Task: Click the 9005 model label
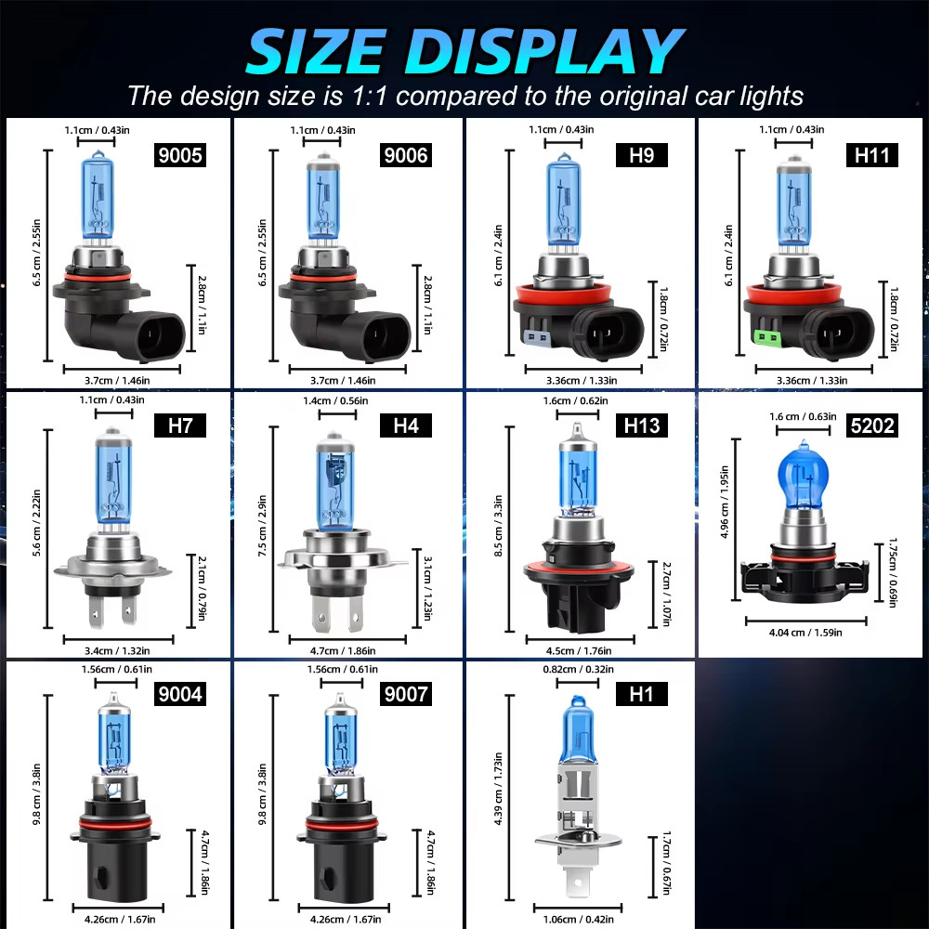(178, 154)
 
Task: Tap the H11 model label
(872, 154)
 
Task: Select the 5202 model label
(872, 425)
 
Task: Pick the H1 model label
(641, 693)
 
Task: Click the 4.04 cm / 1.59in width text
(805, 633)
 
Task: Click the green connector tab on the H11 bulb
(768, 338)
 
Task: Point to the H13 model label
(641, 425)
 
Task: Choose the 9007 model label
(409, 693)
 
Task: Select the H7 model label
(178, 425)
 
